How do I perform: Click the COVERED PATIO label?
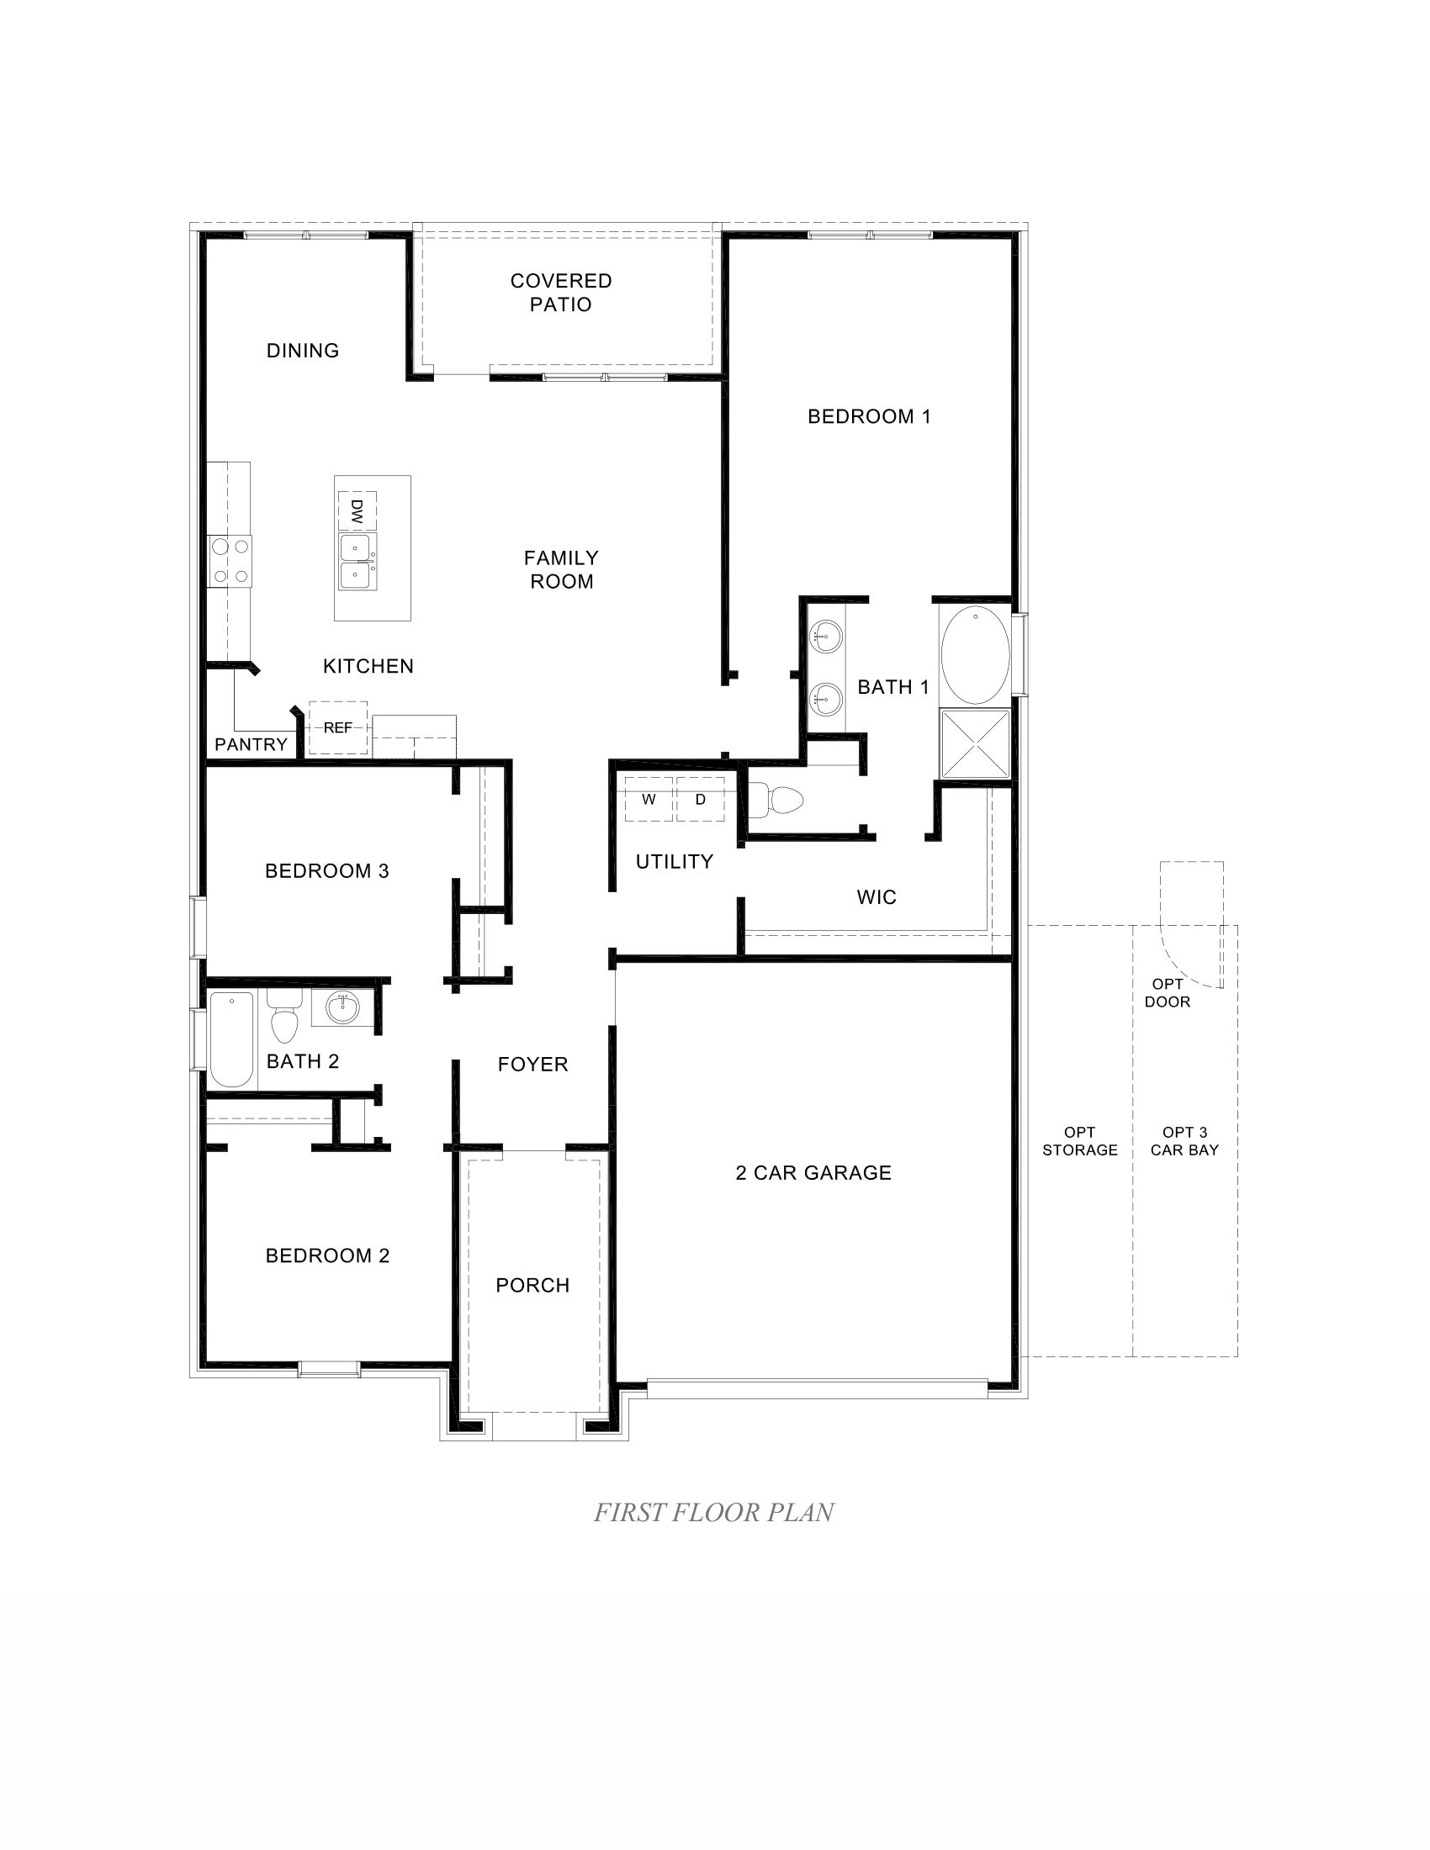coord(561,293)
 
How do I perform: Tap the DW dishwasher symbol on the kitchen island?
coord(357,510)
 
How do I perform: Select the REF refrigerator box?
coord(337,727)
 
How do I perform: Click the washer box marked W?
coord(649,799)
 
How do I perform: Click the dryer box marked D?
coord(701,799)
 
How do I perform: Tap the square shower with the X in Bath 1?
coord(975,744)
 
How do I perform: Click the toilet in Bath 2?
coord(284,1017)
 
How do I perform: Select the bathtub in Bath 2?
coord(231,1039)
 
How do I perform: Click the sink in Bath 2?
coord(342,1007)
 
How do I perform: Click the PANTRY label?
coord(251,744)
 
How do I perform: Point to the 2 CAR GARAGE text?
coord(813,1172)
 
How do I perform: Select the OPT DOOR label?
coord(1168,993)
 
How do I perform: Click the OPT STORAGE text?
coord(1079,1141)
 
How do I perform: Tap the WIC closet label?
coord(876,897)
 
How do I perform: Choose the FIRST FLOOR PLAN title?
coord(713,1512)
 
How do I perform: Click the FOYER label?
coord(532,1064)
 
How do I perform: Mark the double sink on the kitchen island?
coord(357,562)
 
